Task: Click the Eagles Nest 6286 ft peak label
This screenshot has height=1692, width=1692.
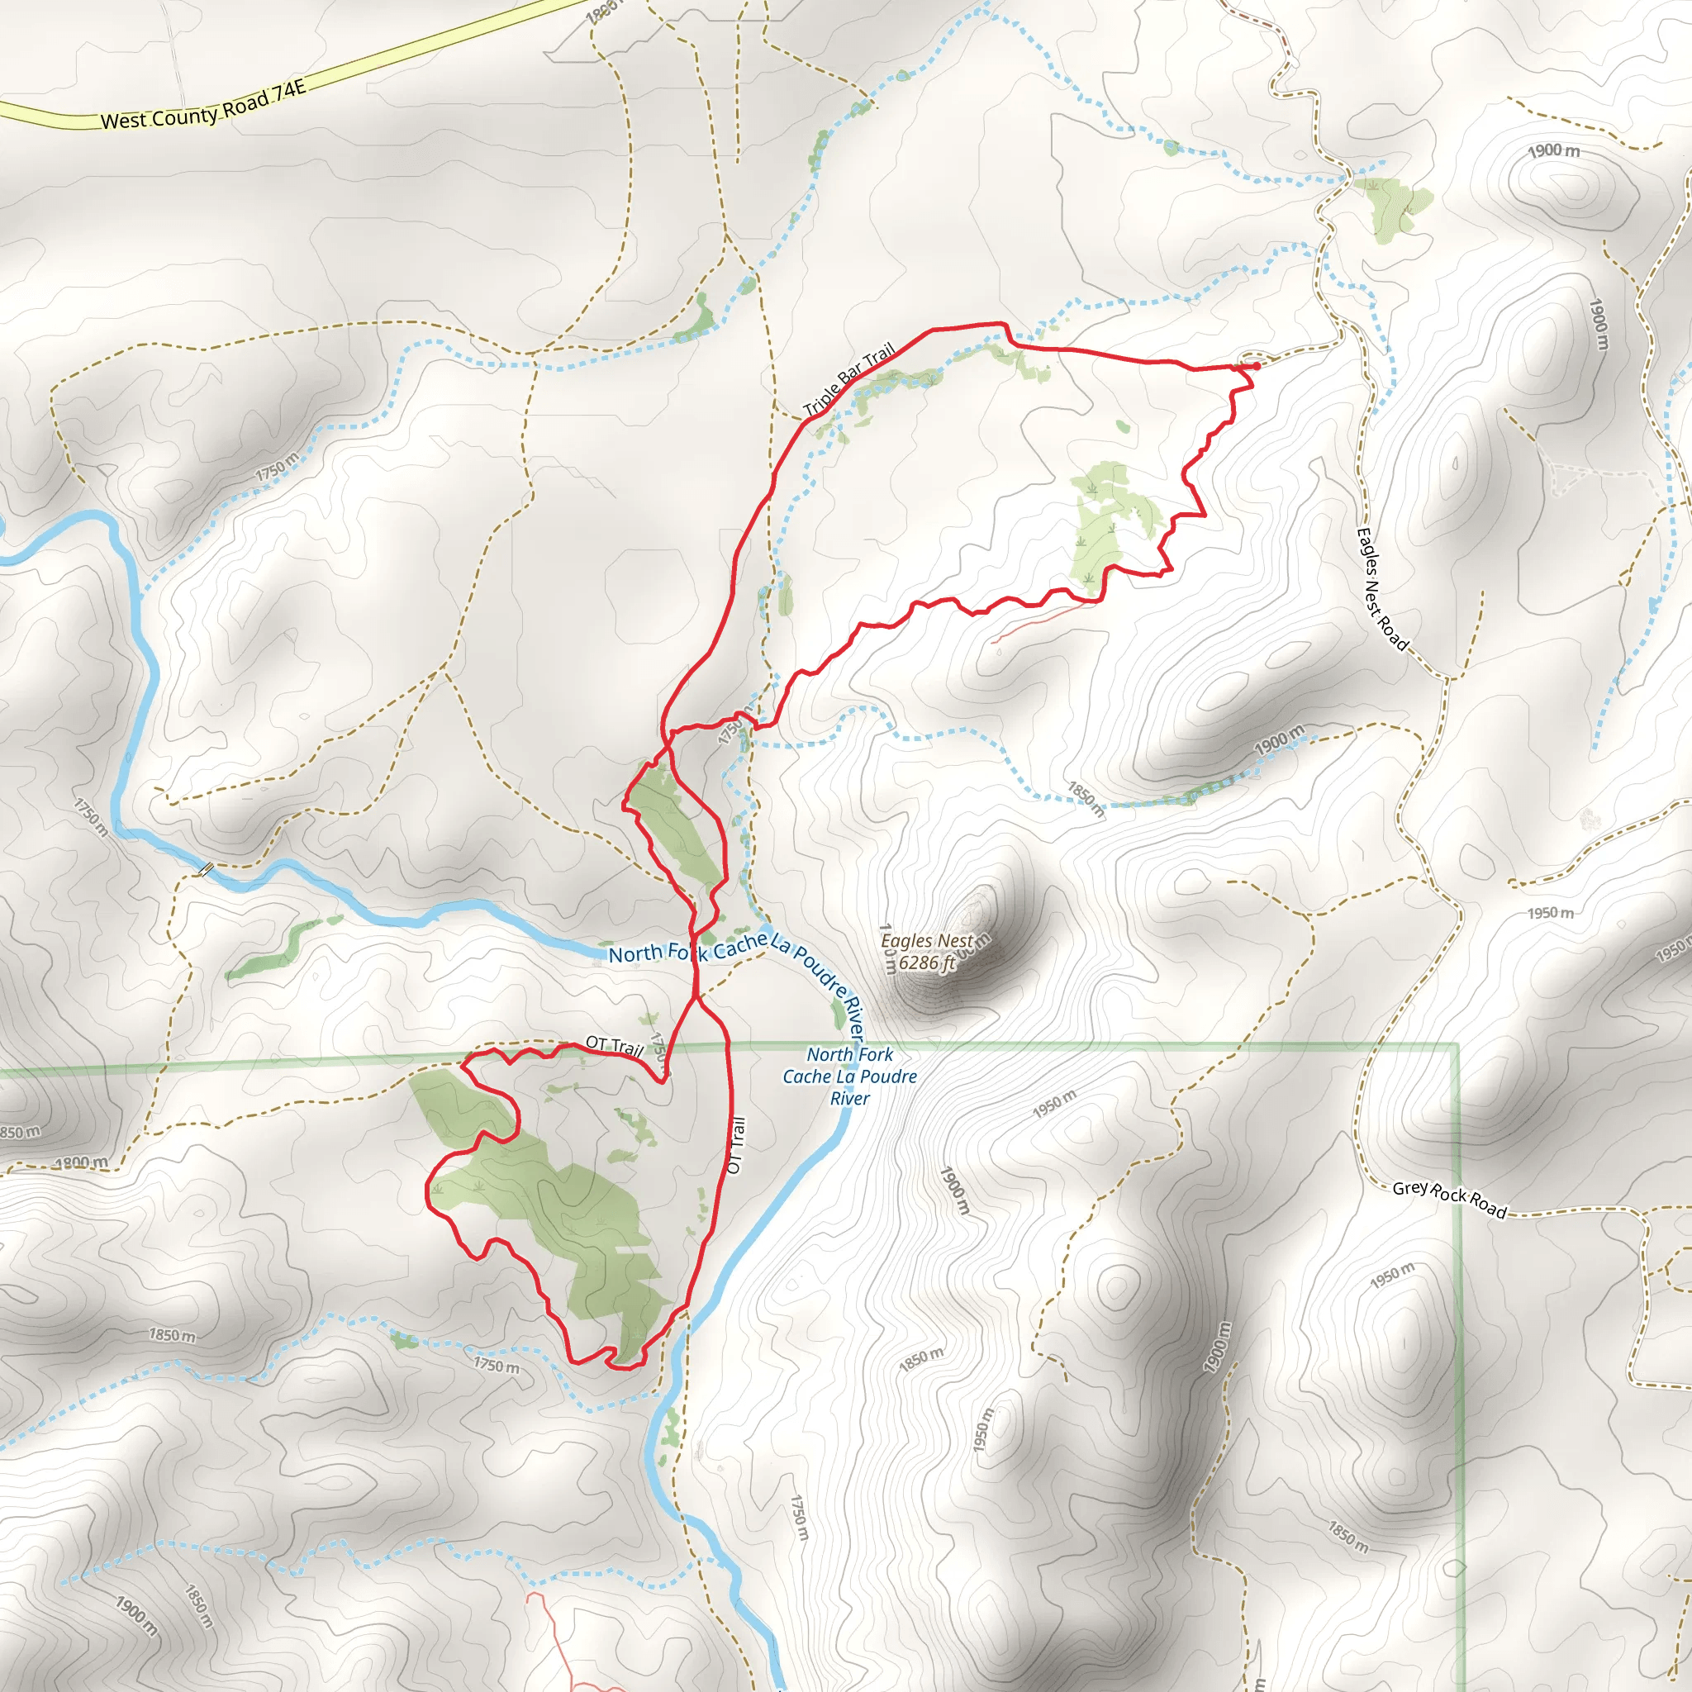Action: click(927, 952)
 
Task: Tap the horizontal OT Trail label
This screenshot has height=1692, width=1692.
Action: click(614, 1045)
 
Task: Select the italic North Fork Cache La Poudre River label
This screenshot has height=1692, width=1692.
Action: click(849, 1077)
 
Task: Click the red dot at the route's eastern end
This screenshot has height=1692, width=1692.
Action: click(1257, 366)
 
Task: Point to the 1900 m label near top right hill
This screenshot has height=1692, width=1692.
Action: click(1554, 150)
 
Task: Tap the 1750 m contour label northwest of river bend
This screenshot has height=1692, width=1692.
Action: click(277, 467)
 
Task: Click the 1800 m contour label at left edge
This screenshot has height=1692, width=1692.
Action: click(81, 1163)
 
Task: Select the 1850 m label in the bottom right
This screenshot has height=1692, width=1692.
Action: click(1347, 1536)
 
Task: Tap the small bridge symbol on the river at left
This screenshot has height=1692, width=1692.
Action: click(206, 869)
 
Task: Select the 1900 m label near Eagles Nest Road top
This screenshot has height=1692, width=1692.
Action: click(1599, 324)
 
